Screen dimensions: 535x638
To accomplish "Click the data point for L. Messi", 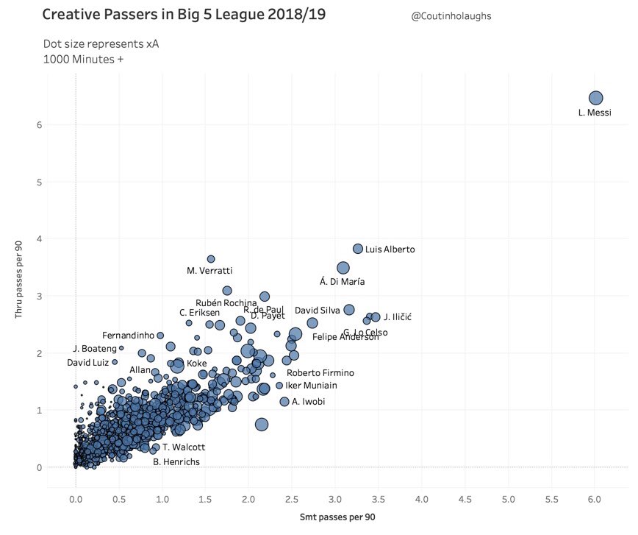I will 596,98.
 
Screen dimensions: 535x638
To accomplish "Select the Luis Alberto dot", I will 358,249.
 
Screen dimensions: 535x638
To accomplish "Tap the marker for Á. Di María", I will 343,268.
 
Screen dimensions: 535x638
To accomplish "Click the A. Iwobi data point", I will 284,401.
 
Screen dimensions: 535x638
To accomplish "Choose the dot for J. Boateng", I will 121,348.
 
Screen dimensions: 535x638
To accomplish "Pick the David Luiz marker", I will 115,362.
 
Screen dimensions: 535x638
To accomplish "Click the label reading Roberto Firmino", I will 320,373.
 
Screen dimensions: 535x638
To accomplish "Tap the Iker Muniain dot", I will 279,385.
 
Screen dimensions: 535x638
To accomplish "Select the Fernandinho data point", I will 160,336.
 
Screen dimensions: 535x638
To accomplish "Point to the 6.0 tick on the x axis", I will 595,500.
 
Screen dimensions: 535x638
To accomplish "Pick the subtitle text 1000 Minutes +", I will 83,60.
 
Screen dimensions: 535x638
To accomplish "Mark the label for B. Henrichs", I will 176,462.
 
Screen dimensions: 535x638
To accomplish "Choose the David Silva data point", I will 349,310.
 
